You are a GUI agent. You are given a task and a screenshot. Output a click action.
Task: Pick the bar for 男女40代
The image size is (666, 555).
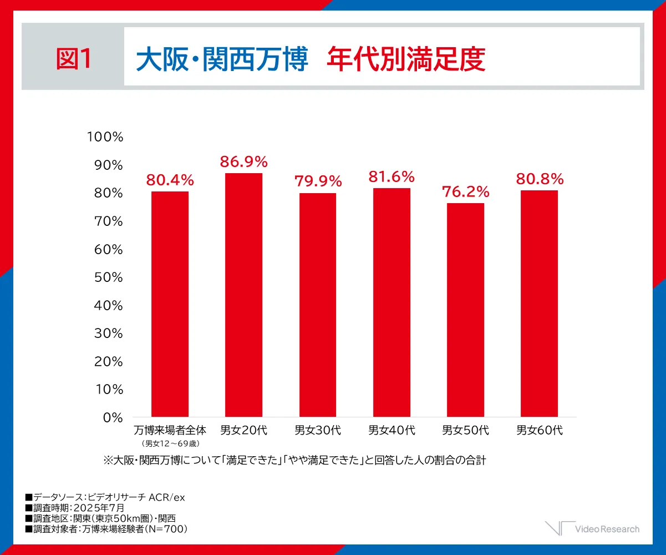[392, 302]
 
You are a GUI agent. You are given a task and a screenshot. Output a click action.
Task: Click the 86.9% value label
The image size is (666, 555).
[243, 162]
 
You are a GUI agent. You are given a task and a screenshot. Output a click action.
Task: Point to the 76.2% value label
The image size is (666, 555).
[465, 192]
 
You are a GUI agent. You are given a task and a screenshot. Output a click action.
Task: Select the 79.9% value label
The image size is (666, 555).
[318, 181]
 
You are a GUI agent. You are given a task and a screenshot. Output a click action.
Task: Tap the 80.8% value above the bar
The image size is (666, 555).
[540, 179]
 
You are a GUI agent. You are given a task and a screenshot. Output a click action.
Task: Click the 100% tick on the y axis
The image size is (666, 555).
[105, 137]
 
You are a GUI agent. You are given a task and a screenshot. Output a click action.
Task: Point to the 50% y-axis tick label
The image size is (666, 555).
[108, 277]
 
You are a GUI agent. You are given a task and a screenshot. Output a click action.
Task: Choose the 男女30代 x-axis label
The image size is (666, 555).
[318, 430]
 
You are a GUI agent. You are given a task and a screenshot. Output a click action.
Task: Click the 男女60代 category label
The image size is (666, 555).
[540, 430]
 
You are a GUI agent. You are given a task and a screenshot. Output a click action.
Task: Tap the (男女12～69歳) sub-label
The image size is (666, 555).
[170, 443]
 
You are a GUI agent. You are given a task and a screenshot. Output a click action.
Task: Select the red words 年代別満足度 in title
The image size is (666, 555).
[406, 59]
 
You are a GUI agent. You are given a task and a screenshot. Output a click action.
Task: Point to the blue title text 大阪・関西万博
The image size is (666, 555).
[222, 59]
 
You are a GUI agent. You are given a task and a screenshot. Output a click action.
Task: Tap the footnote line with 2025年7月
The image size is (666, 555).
[74, 508]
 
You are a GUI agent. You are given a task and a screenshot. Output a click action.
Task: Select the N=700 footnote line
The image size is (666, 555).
[106, 529]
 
